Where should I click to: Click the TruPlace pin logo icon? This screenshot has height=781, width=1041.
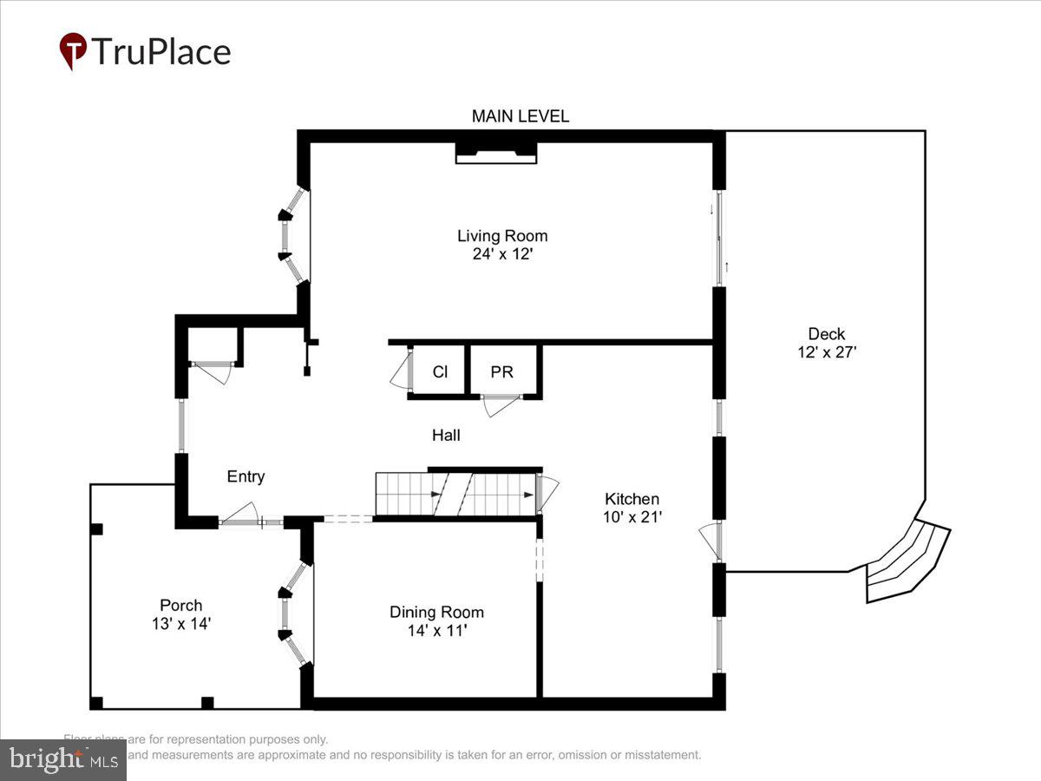coord(73,50)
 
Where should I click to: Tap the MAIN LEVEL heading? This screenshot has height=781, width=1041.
coord(520,116)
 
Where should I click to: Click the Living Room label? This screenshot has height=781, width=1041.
coord(502,235)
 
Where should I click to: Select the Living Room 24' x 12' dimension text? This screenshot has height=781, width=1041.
coord(502,254)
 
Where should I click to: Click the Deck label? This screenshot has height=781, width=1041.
coord(826,333)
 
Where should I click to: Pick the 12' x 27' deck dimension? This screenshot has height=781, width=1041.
coord(826,352)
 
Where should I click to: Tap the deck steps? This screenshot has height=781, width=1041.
coord(907,561)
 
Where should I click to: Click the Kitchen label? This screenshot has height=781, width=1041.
coord(632,499)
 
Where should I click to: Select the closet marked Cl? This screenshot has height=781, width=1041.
coord(440,371)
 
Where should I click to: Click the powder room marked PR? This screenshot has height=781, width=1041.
coord(501,371)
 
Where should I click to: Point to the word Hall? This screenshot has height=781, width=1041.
coord(446,436)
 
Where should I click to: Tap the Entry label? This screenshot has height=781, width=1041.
coord(246,476)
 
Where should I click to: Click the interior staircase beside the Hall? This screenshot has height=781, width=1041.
coord(455,495)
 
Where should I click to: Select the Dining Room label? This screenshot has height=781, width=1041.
coord(436,612)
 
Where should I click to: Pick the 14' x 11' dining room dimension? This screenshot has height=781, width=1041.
coord(436,631)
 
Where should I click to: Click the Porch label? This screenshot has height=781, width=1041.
coord(180,605)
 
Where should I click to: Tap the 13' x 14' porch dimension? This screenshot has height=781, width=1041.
coord(180,624)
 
